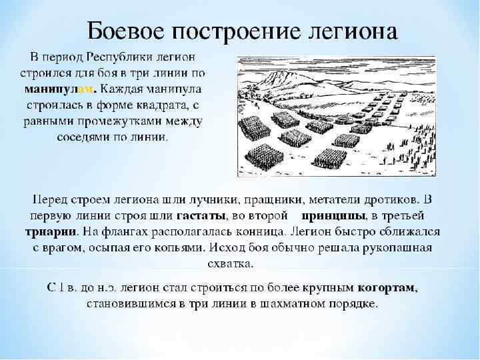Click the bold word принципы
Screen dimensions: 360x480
tap(333, 215)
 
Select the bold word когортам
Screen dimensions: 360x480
tap(379, 289)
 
